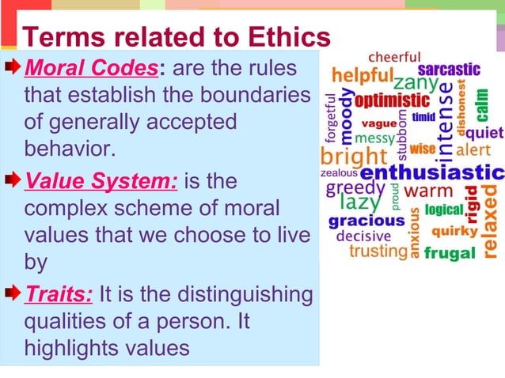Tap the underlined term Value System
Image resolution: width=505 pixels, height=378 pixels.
pyautogui.click(x=101, y=182)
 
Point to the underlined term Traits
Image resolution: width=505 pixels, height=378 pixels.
pyautogui.click(x=59, y=295)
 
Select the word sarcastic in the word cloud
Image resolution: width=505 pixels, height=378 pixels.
pyautogui.click(x=449, y=70)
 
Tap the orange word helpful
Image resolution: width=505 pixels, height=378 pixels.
pyautogui.click(x=362, y=76)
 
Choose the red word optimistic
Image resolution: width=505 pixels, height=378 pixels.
pyautogui.click(x=392, y=102)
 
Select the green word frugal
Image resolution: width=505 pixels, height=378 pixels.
pyautogui.click(x=450, y=253)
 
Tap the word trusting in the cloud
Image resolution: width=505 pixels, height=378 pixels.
pyautogui.click(x=378, y=251)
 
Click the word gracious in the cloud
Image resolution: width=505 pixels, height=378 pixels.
pyautogui.click(x=366, y=221)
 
